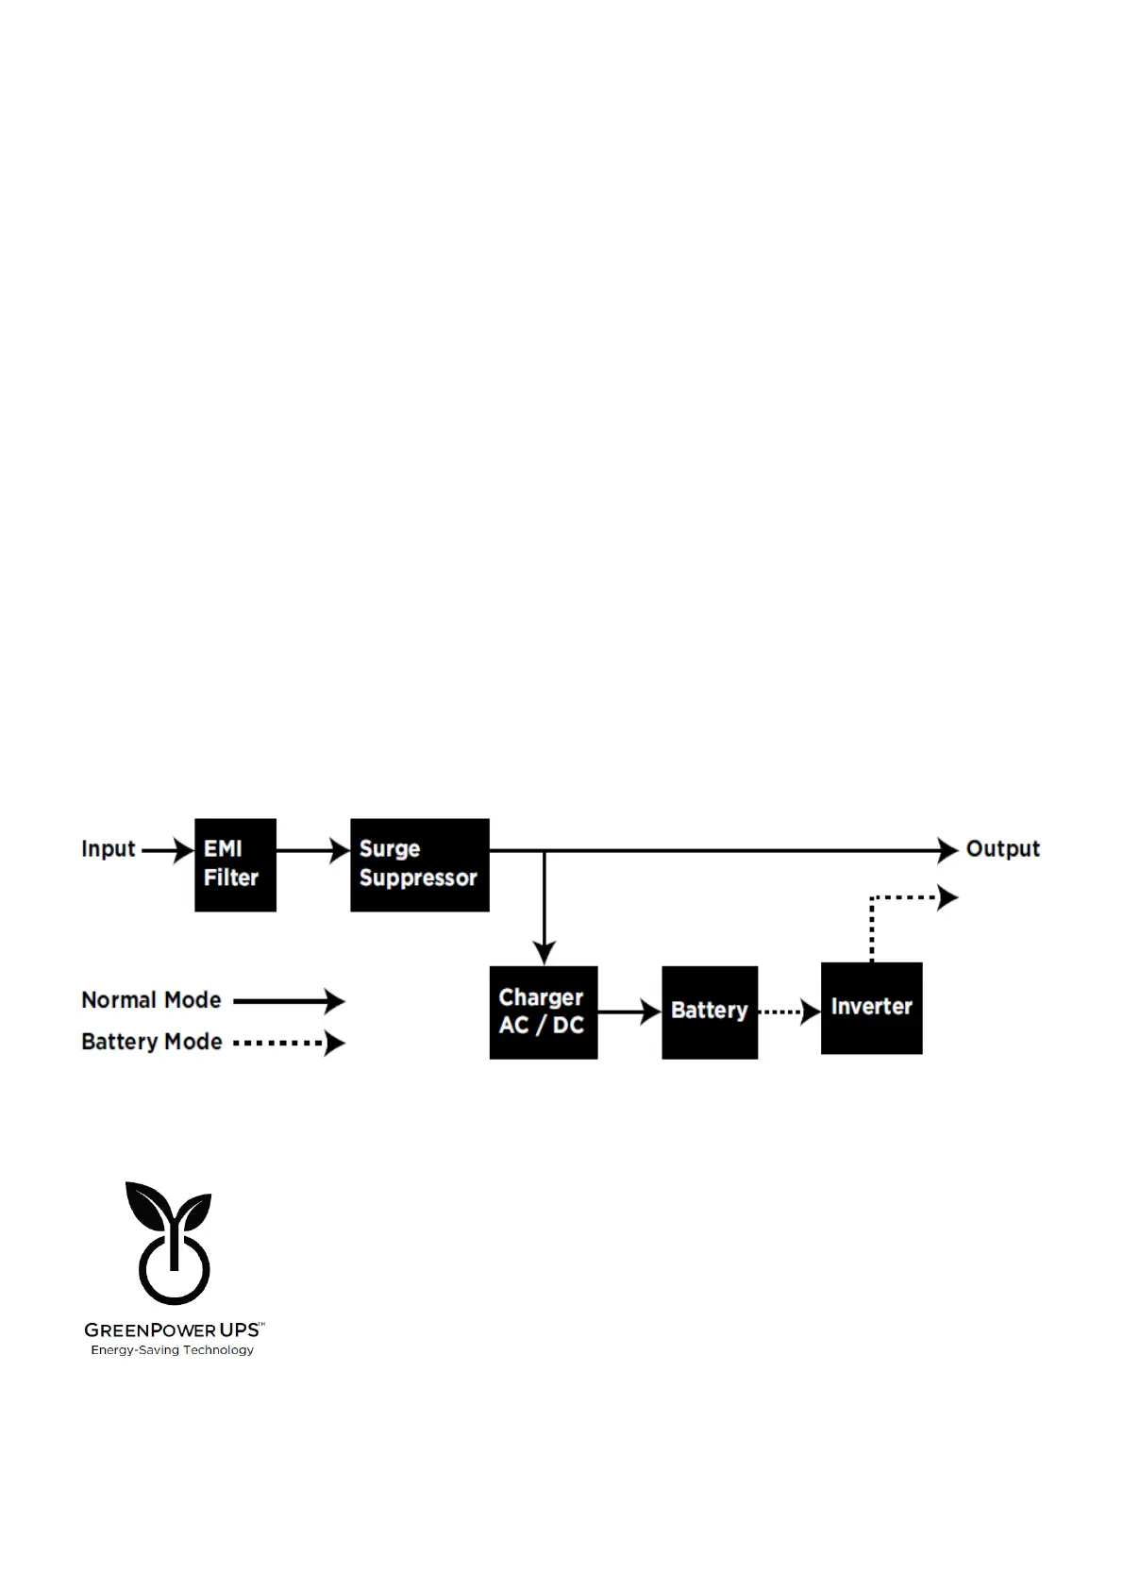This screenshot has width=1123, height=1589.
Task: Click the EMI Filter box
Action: (235, 864)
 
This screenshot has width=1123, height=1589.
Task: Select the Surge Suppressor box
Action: (419, 864)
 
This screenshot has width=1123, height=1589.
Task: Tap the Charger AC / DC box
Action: (543, 1012)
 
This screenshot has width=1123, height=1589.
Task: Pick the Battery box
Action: (709, 1012)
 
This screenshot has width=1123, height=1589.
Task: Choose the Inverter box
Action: (871, 1008)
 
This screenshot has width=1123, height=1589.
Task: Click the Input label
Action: (109, 849)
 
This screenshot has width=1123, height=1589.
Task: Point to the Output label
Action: (1002, 849)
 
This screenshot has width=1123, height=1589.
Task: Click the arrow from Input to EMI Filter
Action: (168, 850)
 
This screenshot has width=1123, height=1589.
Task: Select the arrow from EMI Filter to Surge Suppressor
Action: (312, 850)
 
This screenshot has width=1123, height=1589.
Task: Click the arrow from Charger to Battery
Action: (629, 1012)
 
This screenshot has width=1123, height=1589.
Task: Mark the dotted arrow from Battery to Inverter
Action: (789, 1012)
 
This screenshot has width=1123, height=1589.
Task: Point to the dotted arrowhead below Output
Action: (947, 897)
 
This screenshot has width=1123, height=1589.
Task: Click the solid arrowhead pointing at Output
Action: (947, 850)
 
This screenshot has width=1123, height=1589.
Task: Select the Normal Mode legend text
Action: (151, 1000)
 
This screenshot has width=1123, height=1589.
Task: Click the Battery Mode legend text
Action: (151, 1042)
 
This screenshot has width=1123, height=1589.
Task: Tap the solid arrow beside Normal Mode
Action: (289, 1001)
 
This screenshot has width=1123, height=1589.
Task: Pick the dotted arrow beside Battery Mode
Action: (289, 1043)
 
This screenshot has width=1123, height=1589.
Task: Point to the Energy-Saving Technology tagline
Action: (172, 1350)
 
